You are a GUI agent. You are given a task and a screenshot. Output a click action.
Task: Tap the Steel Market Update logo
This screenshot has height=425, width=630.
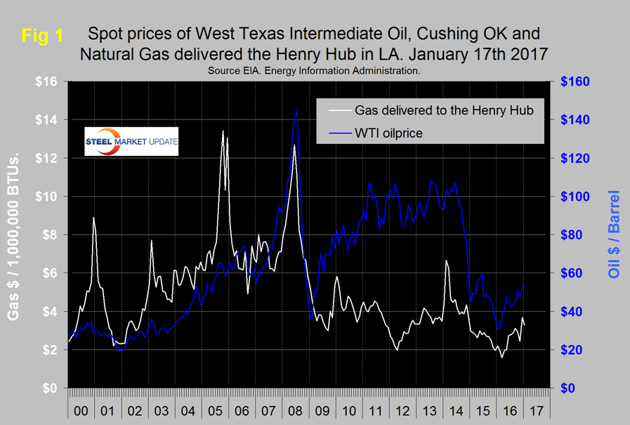click(x=131, y=141)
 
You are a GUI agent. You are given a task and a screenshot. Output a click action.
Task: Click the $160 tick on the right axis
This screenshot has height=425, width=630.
click(x=580, y=81)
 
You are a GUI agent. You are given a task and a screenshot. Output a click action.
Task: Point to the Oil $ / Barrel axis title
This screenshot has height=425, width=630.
click(x=615, y=235)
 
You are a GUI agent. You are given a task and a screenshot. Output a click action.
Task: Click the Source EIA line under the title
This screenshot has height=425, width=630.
click(x=314, y=70)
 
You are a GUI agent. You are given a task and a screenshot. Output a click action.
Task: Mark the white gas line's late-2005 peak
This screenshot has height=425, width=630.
click(x=223, y=131)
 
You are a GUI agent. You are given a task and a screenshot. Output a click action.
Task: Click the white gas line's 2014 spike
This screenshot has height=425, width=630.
click(x=446, y=261)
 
